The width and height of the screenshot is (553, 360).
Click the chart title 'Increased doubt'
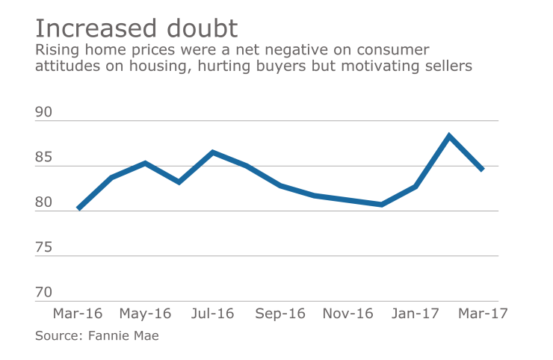tap(137, 28)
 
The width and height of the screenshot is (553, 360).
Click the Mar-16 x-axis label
tap(78, 314)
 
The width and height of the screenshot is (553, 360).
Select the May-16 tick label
tap(145, 314)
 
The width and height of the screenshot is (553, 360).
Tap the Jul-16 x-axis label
tap(212, 314)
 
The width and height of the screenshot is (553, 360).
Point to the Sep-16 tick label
tap(280, 314)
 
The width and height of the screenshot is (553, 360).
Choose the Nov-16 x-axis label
tap(347, 314)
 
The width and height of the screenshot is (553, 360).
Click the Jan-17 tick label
tap(415, 314)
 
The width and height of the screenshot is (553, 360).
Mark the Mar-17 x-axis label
tap(483, 314)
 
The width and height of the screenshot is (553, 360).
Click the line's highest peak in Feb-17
tap(449, 136)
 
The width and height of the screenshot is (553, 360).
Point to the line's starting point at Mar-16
tap(78, 208)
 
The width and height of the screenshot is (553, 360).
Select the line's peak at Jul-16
tap(213, 152)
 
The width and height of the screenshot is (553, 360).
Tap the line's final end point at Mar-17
tap(483, 170)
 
